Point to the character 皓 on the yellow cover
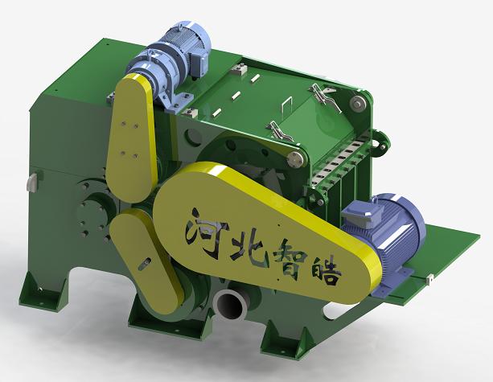(x=325, y=273)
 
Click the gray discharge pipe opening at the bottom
(x=229, y=306)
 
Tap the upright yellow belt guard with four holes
(x=132, y=138)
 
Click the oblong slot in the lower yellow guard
(x=144, y=264)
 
